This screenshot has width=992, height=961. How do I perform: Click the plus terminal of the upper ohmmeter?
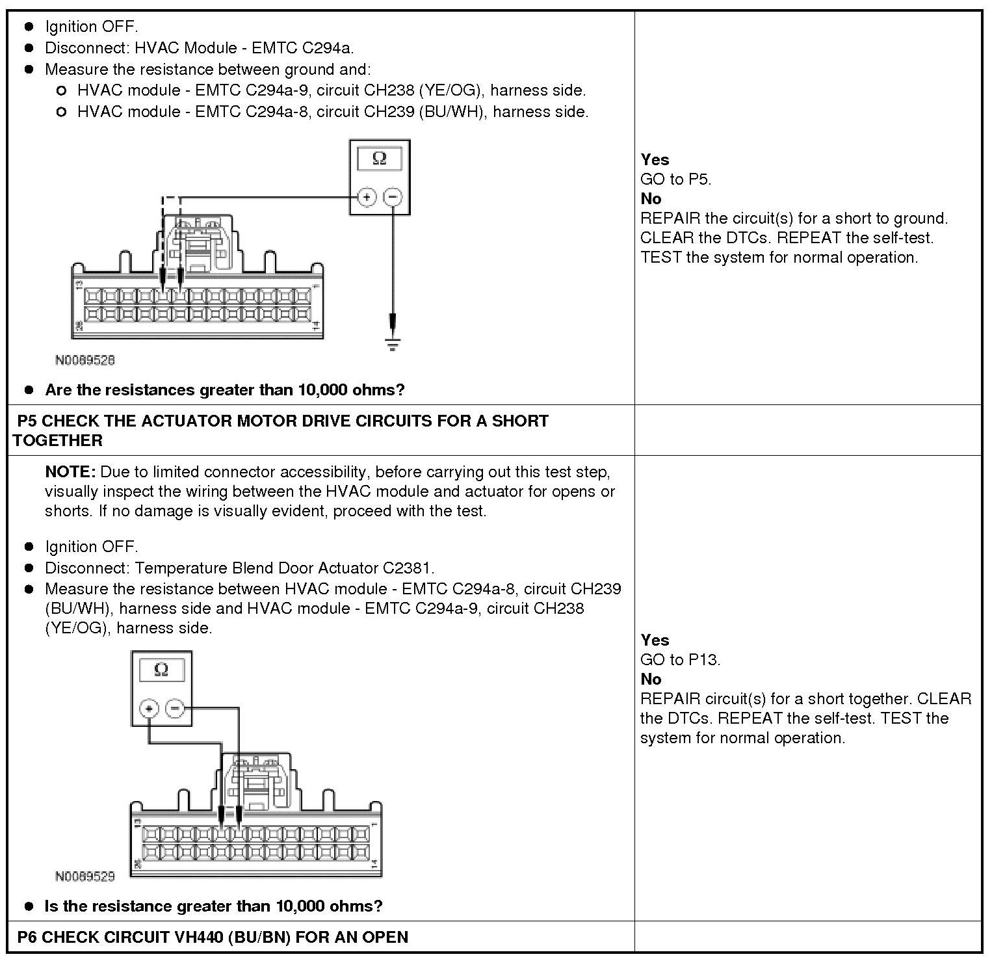367,196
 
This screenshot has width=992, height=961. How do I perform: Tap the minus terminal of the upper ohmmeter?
393,196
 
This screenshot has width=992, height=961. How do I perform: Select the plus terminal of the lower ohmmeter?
149,708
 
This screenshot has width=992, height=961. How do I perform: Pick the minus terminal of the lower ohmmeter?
175,708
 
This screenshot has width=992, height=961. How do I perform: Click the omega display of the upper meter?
379,159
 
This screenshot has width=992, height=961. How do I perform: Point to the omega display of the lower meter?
162,670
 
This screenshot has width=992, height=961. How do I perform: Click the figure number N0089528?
85,360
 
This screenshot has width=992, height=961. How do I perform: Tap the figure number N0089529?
85,876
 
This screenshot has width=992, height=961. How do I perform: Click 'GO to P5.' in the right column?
675,179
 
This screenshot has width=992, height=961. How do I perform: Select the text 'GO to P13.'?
680,659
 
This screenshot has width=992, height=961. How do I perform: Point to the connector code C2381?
408,568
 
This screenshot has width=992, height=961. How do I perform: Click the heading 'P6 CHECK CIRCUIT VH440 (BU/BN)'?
213,937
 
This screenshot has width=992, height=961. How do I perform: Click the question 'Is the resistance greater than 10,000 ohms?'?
213,906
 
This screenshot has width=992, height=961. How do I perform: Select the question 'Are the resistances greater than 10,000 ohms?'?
224,390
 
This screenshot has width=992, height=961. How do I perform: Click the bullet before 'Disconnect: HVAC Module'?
29,48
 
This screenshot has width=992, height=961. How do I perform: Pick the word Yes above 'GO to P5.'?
654,159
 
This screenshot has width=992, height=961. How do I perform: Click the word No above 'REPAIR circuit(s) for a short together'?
650,679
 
